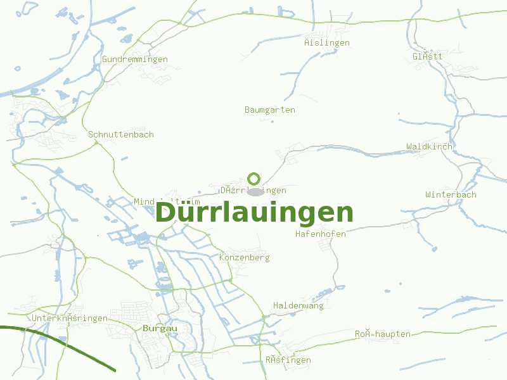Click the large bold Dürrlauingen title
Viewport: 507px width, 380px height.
point(254,213)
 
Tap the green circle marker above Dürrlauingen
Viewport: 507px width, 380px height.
point(254,179)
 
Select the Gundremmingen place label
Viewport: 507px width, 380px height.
point(135,60)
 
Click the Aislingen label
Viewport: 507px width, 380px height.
point(327,43)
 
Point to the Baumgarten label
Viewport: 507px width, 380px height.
point(270,110)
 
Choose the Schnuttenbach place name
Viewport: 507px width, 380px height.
point(121,135)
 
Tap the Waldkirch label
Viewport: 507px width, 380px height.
point(430,147)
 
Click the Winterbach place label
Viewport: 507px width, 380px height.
point(451,194)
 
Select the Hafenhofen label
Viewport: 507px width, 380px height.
point(321,234)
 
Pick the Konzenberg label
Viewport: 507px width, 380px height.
point(245,258)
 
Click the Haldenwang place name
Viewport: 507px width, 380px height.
point(298,306)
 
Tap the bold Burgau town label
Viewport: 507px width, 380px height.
point(160,329)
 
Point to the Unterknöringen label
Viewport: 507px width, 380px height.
point(70,319)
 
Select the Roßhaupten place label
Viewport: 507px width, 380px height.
point(383,334)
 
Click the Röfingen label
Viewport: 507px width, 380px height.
point(288,360)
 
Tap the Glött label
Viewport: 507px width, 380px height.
point(428,56)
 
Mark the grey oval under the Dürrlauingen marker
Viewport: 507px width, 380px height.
point(255,192)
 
